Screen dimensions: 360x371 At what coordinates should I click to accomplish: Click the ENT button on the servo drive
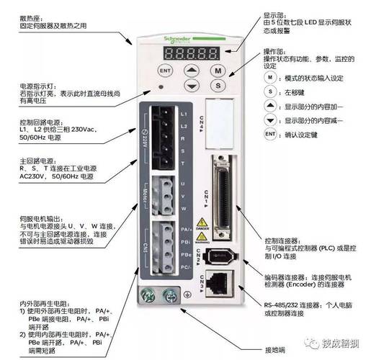165,71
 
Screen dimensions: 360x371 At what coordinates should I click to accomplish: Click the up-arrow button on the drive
191,71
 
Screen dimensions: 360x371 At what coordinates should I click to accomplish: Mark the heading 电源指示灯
36,86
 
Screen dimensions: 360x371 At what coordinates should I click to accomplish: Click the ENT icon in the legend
269,134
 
